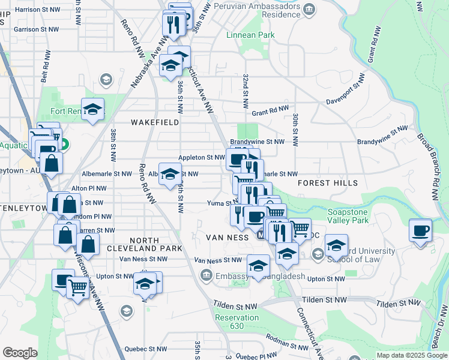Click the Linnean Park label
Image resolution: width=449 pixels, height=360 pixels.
[250, 35]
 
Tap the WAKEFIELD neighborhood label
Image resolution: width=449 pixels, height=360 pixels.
[155, 122]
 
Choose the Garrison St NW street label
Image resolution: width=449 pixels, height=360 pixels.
[37, 29]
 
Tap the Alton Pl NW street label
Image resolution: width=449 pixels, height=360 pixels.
[89, 188]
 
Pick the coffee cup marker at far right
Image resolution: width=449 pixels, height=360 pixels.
[421, 230]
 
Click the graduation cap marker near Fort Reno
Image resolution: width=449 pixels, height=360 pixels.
[93, 109]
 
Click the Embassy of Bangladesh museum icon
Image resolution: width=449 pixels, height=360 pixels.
[206, 275]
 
